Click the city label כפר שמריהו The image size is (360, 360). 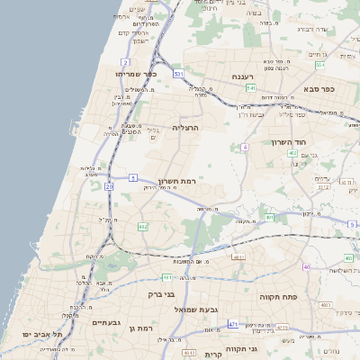pyautogui.click(x=137, y=73)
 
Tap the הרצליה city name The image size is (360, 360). pyautogui.click(x=184, y=128)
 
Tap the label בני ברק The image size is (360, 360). pyautogui.click(x=160, y=293)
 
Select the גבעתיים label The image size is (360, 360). pyautogui.click(x=106, y=321)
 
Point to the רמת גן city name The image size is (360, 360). pyautogui.click(x=144, y=329)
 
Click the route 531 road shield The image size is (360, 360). pyautogui.click(x=179, y=74)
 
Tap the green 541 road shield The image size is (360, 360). pyautogui.click(x=251, y=88)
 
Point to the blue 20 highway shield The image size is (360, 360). pyautogui.click(x=109, y=186)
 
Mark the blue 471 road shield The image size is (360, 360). pyautogui.click(x=233, y=324)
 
